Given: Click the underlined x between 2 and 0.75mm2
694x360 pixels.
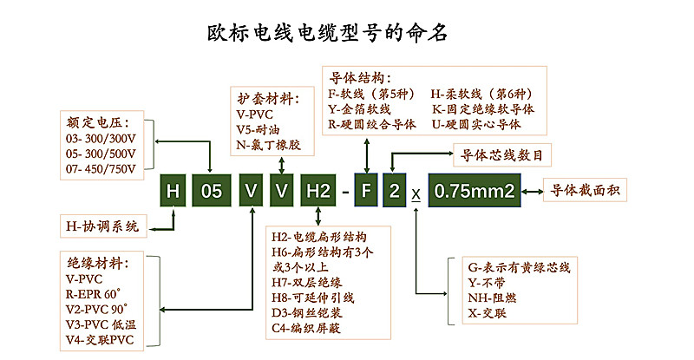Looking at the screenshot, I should [x=416, y=193].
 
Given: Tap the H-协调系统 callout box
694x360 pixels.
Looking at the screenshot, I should [x=102, y=227].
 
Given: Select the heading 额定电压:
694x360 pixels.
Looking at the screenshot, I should [x=95, y=121].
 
